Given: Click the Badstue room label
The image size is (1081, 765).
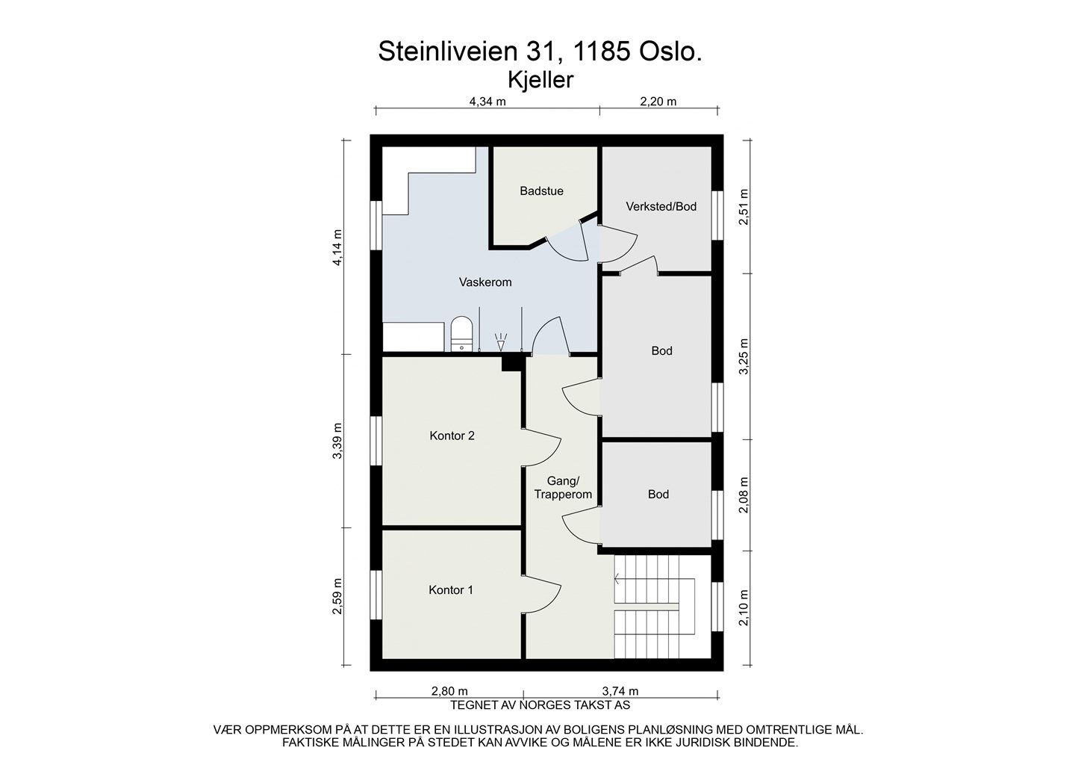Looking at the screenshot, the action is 541,191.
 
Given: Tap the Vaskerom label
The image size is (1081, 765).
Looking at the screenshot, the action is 485,282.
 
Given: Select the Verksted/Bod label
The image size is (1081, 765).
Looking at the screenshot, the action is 661,207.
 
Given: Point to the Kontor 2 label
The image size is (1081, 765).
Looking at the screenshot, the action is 452,436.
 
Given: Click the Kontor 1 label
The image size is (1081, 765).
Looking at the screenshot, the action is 451,589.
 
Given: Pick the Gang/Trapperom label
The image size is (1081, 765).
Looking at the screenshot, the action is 563,488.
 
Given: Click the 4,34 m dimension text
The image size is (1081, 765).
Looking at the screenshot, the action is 487,102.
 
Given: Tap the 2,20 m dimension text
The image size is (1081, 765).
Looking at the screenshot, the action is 658,102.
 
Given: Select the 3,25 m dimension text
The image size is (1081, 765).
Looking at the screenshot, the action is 744,356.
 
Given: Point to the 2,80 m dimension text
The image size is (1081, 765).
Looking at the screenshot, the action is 449,692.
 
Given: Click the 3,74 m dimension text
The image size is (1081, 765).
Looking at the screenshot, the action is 620,692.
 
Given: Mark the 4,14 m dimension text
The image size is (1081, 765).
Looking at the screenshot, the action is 337,247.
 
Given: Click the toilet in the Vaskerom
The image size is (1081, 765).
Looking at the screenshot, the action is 462,334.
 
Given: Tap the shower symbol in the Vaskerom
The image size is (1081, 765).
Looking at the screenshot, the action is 501,342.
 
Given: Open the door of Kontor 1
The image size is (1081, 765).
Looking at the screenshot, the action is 542,595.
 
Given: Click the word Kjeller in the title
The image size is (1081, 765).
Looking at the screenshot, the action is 540,80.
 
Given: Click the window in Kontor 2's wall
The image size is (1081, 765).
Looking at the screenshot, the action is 376,441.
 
